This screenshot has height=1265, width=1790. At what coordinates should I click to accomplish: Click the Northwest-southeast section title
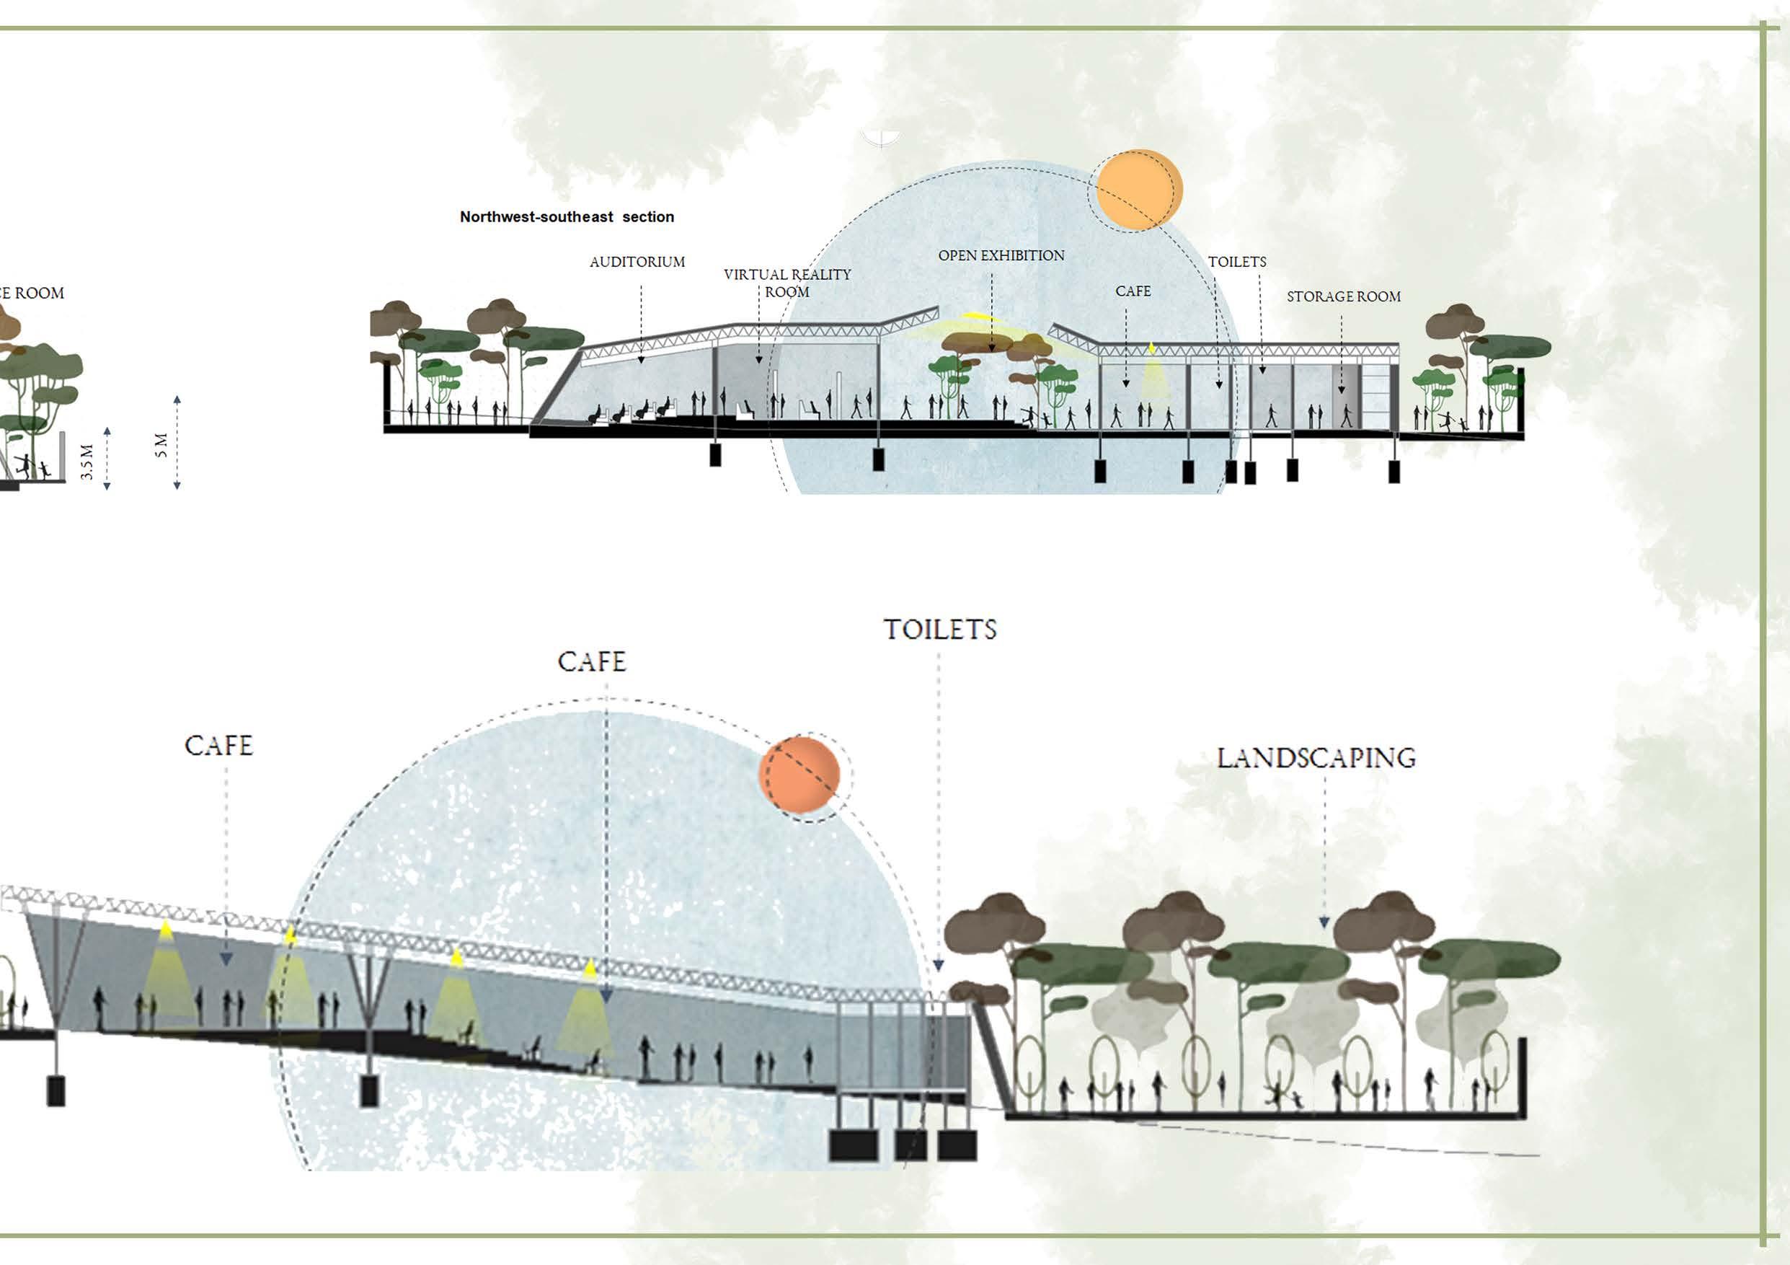(567, 217)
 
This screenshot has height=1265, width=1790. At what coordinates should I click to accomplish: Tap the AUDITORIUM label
(637, 262)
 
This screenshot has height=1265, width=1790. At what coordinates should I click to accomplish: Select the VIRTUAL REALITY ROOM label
(787, 282)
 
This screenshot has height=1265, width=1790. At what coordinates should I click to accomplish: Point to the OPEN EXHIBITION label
(1001, 256)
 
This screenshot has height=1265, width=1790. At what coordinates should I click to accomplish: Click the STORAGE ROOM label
(1343, 296)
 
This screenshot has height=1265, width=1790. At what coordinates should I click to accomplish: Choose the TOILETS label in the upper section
(1236, 262)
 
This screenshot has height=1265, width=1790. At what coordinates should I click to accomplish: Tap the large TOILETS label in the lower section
(939, 630)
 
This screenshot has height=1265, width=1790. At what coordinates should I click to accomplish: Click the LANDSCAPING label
(1316, 758)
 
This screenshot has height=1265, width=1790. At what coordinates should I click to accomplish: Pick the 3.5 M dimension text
(87, 461)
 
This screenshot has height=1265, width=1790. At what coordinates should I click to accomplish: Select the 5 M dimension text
(161, 444)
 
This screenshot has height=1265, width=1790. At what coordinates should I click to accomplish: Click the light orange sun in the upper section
(1139, 190)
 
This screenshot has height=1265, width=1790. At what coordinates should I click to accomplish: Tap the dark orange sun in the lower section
(799, 775)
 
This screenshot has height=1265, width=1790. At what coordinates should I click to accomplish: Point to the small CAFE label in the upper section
(1133, 291)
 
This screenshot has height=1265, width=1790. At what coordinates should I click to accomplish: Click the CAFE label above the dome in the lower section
(592, 662)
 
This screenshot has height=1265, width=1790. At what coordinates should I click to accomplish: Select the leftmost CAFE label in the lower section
(219, 746)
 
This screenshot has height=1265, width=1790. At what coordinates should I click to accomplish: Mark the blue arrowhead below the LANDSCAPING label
(1324, 922)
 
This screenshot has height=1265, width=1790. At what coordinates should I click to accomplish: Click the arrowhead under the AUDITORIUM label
(641, 360)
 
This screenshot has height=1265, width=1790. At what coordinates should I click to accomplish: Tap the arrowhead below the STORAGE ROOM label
(1342, 389)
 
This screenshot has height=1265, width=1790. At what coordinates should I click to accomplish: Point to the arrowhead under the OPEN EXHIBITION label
(992, 347)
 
